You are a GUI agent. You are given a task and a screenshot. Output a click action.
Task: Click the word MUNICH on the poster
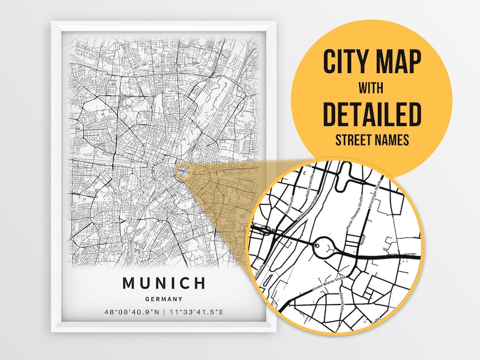pos(164,283)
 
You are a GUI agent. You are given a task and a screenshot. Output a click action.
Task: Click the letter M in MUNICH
pos(129,283)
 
